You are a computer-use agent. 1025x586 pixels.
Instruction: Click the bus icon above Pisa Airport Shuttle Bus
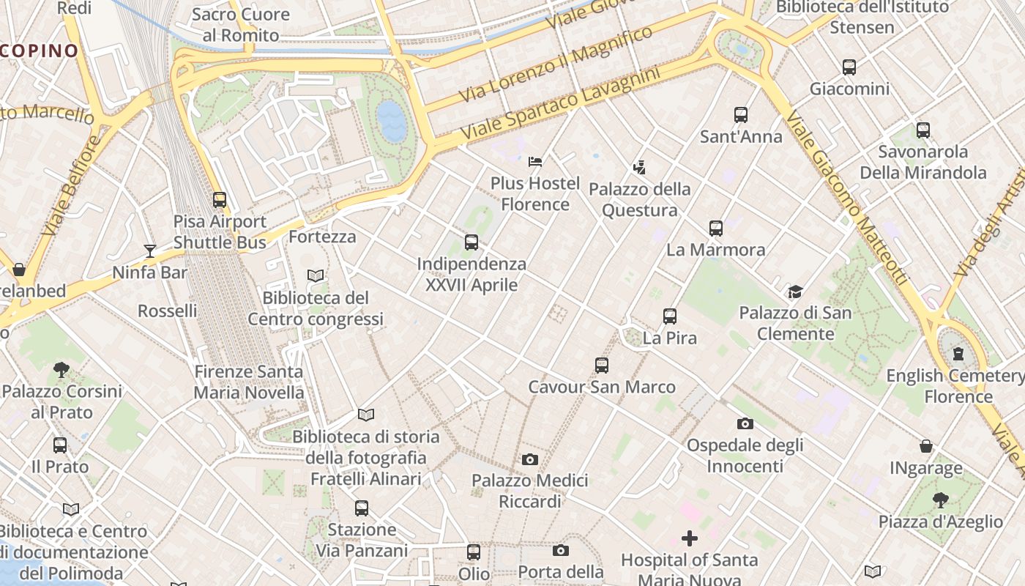click(x=219, y=199)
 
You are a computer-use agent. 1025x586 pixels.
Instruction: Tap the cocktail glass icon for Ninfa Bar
click(x=150, y=251)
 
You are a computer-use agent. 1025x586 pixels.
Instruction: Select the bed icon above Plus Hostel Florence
click(x=535, y=161)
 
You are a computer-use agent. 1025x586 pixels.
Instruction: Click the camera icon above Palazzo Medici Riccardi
click(x=529, y=459)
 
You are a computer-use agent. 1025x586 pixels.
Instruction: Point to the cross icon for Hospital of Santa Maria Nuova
click(x=689, y=539)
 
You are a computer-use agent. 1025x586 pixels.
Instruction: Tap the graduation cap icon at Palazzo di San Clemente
click(x=795, y=292)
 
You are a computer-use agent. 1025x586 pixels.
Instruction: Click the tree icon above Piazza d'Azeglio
click(x=941, y=500)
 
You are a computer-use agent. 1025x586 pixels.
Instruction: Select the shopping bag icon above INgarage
click(x=926, y=446)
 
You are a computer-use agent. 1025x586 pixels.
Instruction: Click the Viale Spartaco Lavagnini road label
click(x=560, y=105)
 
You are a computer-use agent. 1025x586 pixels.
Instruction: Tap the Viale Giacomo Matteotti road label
click(x=849, y=198)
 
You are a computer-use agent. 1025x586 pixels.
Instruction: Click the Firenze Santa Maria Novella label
click(x=249, y=382)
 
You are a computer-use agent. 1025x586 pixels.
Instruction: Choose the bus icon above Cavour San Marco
click(x=602, y=365)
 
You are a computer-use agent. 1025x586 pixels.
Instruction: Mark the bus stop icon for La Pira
click(x=670, y=316)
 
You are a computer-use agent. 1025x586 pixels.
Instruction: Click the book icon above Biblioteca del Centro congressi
click(x=316, y=276)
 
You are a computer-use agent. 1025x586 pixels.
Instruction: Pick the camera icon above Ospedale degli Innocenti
click(x=745, y=423)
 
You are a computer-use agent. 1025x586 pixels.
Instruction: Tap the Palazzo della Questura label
click(x=640, y=200)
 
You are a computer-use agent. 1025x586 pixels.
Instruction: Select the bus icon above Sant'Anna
click(x=741, y=115)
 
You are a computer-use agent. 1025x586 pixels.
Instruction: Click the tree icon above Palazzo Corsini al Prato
click(x=61, y=370)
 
